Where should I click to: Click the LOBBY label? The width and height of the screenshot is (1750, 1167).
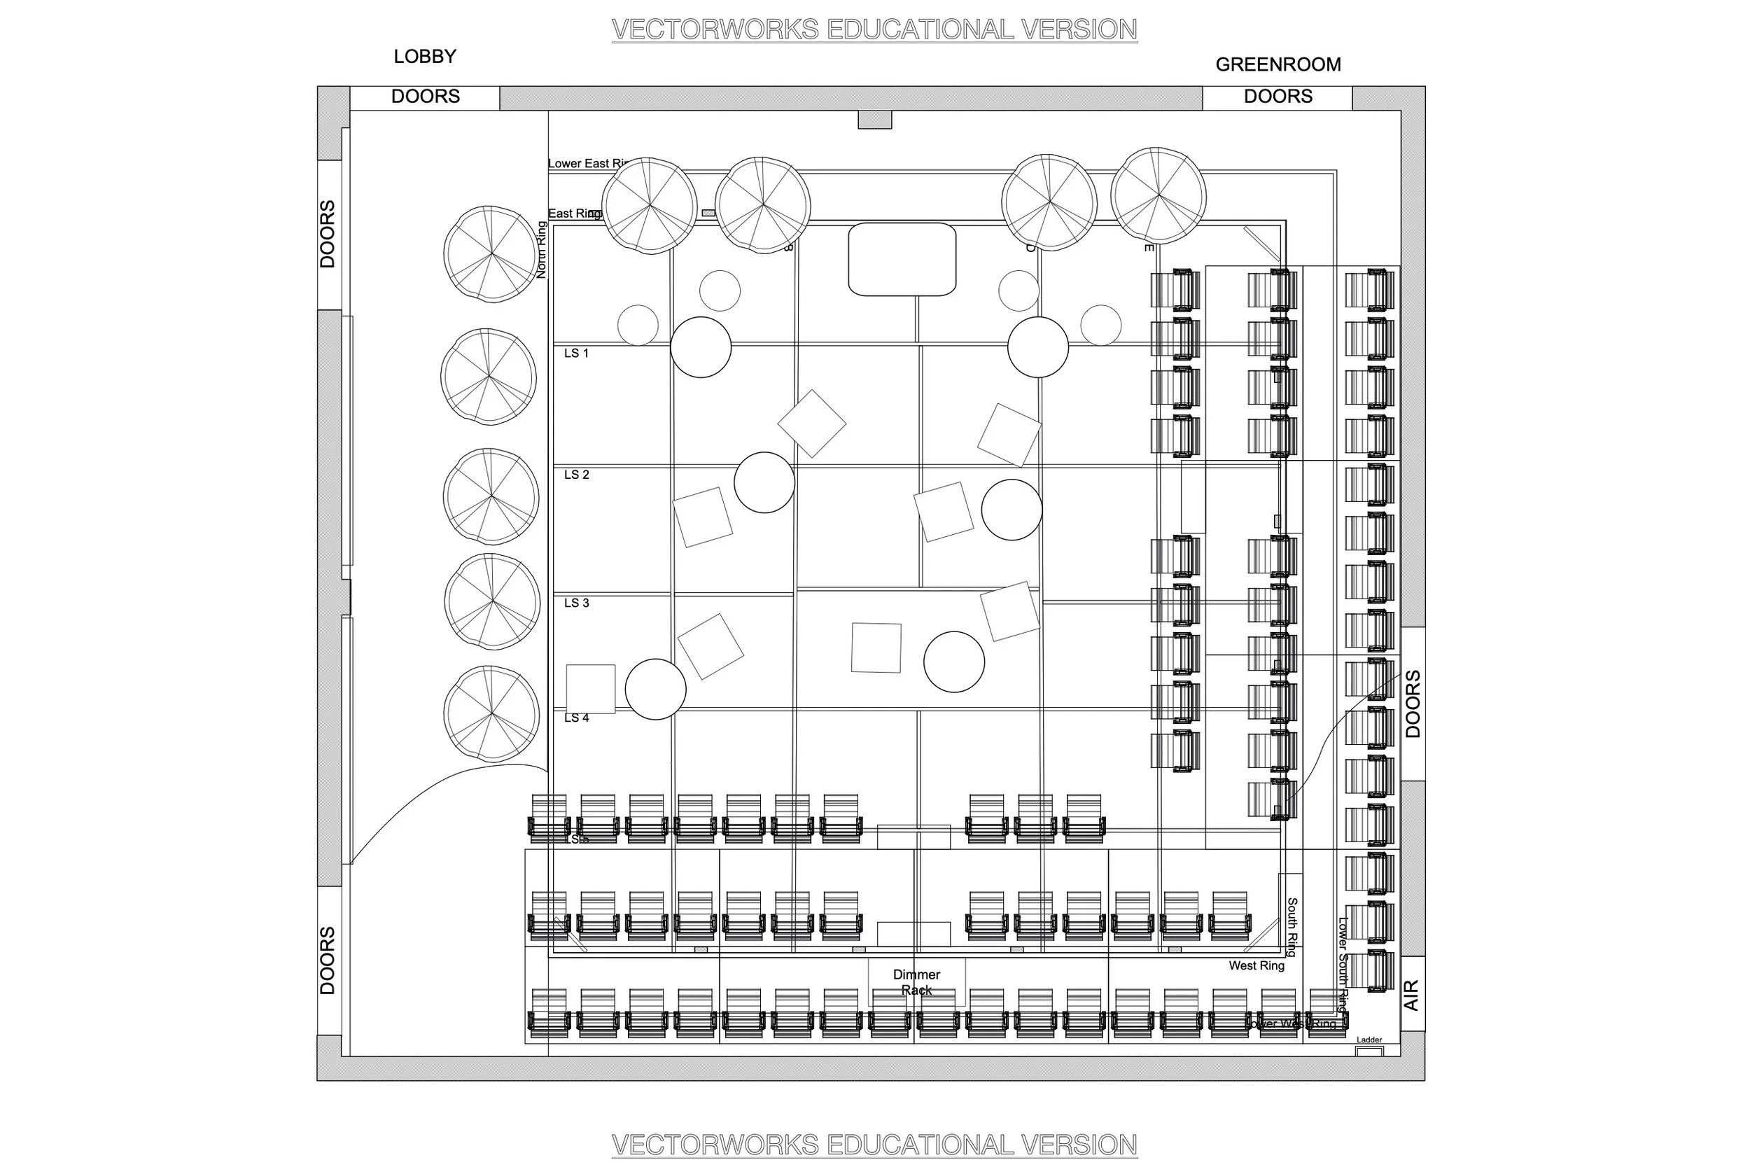pos(425,57)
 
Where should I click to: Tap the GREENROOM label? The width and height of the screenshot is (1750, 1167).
pos(1277,64)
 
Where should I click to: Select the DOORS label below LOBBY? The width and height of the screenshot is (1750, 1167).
pos(425,97)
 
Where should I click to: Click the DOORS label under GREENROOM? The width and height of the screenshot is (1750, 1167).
pos(1277,97)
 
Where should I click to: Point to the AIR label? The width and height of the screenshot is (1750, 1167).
pos(1410,995)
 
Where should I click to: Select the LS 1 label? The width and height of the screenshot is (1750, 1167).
pos(576,354)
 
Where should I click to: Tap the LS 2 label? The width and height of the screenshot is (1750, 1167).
pos(576,475)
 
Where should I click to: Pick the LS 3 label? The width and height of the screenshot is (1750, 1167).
pos(576,603)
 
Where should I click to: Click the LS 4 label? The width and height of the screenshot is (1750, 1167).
pos(576,718)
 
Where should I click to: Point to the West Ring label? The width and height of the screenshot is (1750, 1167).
pos(1256,965)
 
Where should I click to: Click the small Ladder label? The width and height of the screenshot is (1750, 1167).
pos(1368,1040)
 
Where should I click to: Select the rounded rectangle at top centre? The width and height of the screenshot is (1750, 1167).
pos(902,259)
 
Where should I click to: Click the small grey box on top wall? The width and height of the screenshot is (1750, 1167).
pos(874,120)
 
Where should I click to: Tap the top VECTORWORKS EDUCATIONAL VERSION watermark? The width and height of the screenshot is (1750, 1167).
pos(874,30)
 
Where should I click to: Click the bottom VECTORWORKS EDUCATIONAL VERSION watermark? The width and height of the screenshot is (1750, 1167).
pos(874,1145)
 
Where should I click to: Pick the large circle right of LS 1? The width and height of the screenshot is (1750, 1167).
pos(700,347)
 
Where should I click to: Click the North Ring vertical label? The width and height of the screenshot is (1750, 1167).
pos(541,250)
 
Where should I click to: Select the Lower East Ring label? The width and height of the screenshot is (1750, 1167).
pos(588,164)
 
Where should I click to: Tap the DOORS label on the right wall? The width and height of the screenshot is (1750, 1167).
pos(1412,704)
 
